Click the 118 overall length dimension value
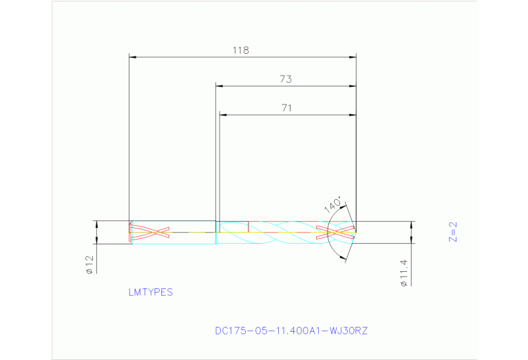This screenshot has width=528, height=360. point(240,50)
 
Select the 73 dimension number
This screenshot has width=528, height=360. point(286,79)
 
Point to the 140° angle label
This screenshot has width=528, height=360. point(333,205)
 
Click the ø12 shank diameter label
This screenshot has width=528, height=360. point(89,266)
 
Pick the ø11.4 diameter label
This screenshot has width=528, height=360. point(404,272)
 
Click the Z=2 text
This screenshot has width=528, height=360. point(452,233)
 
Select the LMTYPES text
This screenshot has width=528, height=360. point(151,292)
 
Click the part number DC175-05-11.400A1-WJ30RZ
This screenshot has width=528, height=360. point(292,330)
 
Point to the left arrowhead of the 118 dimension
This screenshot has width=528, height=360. point(134,57)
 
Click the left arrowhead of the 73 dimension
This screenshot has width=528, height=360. point(220,86)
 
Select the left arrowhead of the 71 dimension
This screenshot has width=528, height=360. point(223,114)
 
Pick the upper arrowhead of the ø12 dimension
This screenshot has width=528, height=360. point(96,224)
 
